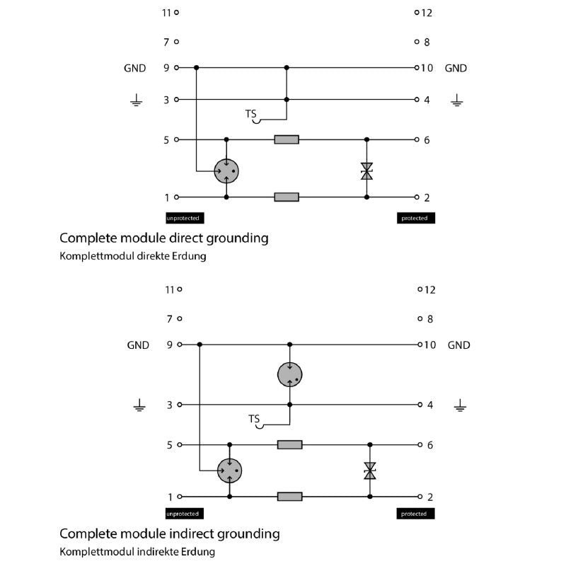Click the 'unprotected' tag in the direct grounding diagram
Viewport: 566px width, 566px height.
tap(183, 218)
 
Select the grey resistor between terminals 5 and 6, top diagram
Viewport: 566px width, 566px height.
tap(287, 140)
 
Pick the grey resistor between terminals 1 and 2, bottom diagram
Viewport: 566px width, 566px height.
tap(289, 497)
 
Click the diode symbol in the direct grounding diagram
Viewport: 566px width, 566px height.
tap(366, 171)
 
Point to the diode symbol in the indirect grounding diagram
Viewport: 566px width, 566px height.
tap(369, 470)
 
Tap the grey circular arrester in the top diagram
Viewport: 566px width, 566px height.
tap(226, 170)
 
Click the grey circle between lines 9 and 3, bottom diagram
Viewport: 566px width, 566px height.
tap(289, 374)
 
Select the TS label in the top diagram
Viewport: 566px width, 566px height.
tap(251, 114)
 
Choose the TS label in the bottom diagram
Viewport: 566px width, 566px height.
tap(254, 419)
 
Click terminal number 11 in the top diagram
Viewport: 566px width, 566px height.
tap(167, 12)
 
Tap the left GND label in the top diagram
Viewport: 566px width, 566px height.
tap(134, 69)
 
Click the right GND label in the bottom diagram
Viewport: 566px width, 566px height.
tap(459, 345)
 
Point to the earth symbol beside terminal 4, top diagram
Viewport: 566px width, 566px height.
tap(457, 101)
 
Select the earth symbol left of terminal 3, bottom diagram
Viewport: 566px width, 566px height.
tap(139, 406)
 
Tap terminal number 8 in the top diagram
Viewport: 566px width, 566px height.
tap(427, 42)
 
